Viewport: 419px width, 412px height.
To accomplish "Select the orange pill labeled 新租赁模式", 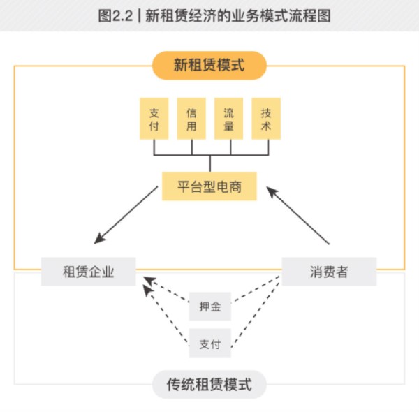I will (x=209, y=66).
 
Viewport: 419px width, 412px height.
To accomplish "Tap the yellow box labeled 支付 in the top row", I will (x=154, y=119).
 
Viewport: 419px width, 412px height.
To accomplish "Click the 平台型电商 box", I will (x=210, y=187).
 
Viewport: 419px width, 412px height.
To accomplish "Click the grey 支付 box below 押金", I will (x=210, y=344).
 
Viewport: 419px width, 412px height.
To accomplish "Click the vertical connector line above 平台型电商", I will (x=210, y=163).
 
